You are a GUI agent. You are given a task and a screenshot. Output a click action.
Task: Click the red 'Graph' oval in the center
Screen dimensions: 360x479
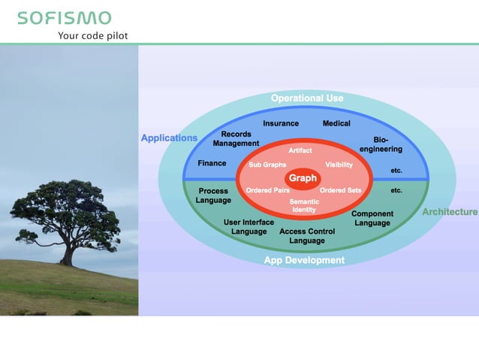coord(303,178)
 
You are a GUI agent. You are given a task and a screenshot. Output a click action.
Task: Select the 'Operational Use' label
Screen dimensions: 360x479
coord(307,98)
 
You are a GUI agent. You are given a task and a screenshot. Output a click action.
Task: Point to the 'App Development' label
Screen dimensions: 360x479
coord(304,260)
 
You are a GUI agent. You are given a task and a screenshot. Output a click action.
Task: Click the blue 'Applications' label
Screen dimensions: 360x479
coord(169,138)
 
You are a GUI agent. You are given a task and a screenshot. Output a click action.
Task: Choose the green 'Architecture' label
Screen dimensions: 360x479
coord(449,212)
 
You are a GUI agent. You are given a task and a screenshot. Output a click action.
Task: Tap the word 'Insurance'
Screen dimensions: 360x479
coord(281,123)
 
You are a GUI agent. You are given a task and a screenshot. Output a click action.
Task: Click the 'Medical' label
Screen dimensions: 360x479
coord(336,123)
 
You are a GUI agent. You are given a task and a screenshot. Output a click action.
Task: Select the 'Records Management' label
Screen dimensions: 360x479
coord(236,139)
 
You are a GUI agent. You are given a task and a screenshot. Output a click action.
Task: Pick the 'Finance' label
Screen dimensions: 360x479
coord(212,163)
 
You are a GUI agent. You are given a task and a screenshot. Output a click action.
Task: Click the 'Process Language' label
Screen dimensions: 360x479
coord(213,195)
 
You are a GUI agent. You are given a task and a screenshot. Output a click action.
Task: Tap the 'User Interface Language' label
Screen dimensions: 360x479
coord(249,227)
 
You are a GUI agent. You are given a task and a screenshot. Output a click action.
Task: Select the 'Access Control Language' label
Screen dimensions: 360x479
coord(306,236)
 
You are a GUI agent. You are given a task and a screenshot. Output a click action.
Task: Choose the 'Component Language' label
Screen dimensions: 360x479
coord(372,218)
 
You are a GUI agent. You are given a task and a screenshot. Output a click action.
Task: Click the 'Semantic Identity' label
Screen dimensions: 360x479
coord(304,205)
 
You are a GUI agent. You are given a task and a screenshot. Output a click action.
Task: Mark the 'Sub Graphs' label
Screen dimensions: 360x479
coord(262,165)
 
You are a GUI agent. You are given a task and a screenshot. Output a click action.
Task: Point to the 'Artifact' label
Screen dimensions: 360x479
coord(300,151)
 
